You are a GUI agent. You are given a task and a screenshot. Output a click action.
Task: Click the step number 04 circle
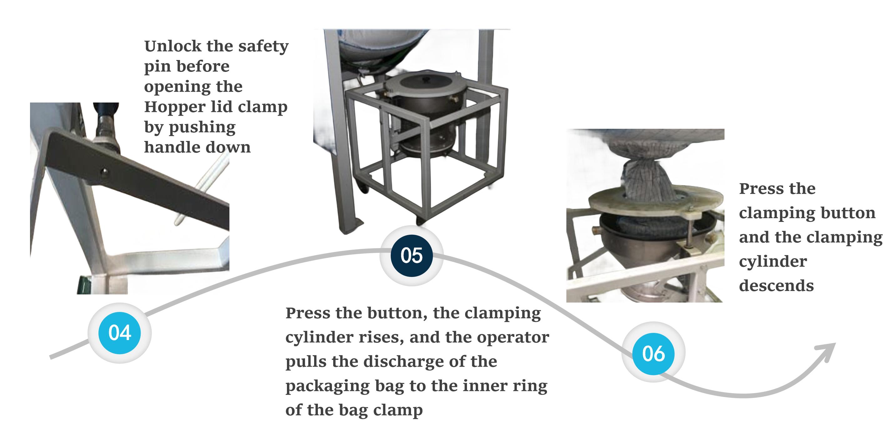119,333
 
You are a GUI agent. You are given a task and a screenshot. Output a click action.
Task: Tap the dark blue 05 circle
412,255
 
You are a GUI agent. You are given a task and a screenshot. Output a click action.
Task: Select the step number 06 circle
653,354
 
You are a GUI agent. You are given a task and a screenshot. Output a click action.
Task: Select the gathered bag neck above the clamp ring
646,181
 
